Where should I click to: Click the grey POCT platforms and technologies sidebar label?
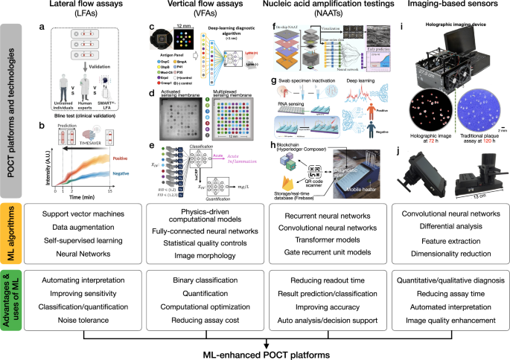[x=12, y=119]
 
